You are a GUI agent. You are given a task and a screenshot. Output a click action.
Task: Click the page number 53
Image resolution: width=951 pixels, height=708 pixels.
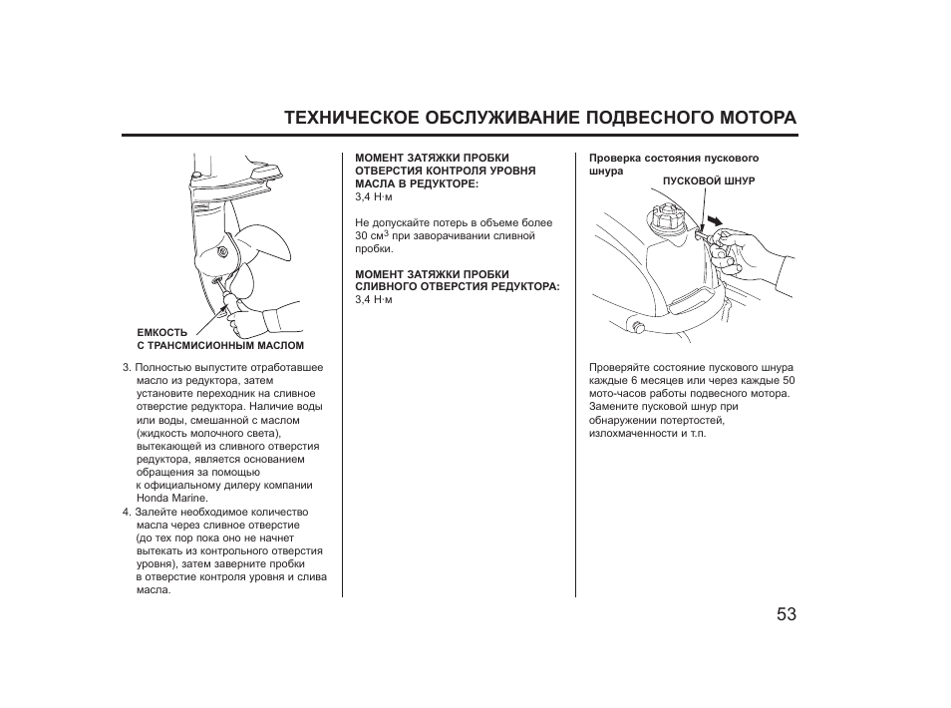pos(787,614)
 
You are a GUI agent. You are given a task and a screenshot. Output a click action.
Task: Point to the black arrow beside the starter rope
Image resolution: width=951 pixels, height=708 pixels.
pos(715,218)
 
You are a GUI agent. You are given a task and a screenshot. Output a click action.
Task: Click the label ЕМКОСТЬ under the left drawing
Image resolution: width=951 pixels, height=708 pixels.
pos(161,332)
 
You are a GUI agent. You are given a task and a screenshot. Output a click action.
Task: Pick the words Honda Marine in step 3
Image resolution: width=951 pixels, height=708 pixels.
pos(171,498)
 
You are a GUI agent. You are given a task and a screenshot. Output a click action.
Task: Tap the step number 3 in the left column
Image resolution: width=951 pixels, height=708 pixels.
pos(127,367)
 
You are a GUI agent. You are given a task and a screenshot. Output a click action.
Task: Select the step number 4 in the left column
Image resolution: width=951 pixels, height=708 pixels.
pos(127,512)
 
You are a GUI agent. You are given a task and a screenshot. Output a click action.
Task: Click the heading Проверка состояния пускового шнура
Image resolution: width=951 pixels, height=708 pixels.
pos(673,164)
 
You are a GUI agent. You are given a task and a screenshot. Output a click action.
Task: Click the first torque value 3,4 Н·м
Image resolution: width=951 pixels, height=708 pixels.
pos(374,196)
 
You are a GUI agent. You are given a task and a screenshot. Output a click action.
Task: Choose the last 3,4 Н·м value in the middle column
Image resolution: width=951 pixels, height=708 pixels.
pos(374,299)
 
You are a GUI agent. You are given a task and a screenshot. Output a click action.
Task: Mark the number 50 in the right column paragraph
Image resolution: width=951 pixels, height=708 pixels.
pos(788,380)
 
